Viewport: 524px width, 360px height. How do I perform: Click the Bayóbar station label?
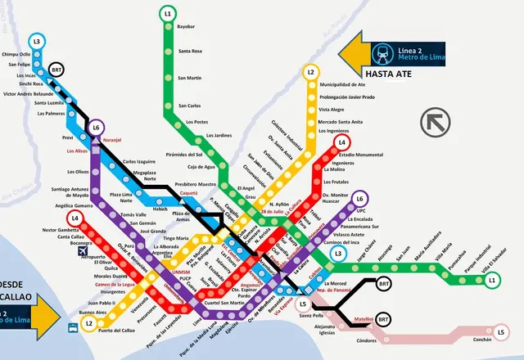186,27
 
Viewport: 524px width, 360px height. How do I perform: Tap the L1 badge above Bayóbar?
167,13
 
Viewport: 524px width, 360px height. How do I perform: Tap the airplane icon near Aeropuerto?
83,251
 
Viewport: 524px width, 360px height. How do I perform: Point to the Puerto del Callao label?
115,331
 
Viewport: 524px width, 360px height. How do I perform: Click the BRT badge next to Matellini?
384,319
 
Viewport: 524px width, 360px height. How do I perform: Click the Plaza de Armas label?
181,216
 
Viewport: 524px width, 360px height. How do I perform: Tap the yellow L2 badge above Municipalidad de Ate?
310,72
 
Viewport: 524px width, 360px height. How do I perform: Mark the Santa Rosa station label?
190,52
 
